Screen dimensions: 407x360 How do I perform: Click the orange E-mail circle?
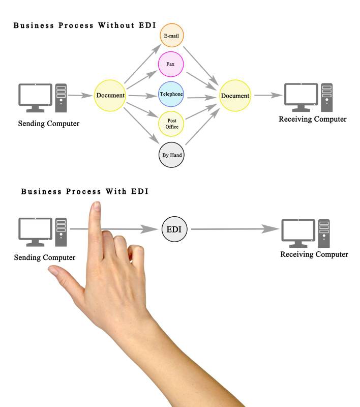tap(171, 36)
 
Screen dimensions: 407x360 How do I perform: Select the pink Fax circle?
tap(171, 65)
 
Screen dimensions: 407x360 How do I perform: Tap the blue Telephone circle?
tap(171, 94)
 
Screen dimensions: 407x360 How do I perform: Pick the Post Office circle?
tap(172, 124)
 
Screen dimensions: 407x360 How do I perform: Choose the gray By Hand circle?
tap(171, 155)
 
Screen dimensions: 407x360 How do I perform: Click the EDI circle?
tap(174, 229)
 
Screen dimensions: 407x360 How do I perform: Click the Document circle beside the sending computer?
tap(110, 95)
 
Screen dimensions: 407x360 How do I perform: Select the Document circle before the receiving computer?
tap(235, 96)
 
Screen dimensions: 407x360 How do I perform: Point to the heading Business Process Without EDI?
tap(84, 25)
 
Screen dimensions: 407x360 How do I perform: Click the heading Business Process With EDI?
tap(84, 192)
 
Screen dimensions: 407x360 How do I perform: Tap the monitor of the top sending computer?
tap(36, 96)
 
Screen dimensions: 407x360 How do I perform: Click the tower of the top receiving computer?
tap(327, 97)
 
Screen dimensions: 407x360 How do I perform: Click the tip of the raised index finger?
tap(95, 206)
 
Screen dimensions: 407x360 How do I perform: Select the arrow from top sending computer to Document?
tap(79, 95)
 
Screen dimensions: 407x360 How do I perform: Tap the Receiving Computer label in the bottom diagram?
tap(314, 254)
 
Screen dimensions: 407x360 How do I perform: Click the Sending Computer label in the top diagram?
tap(49, 123)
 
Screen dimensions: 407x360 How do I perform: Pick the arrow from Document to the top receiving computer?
tap(268, 95)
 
